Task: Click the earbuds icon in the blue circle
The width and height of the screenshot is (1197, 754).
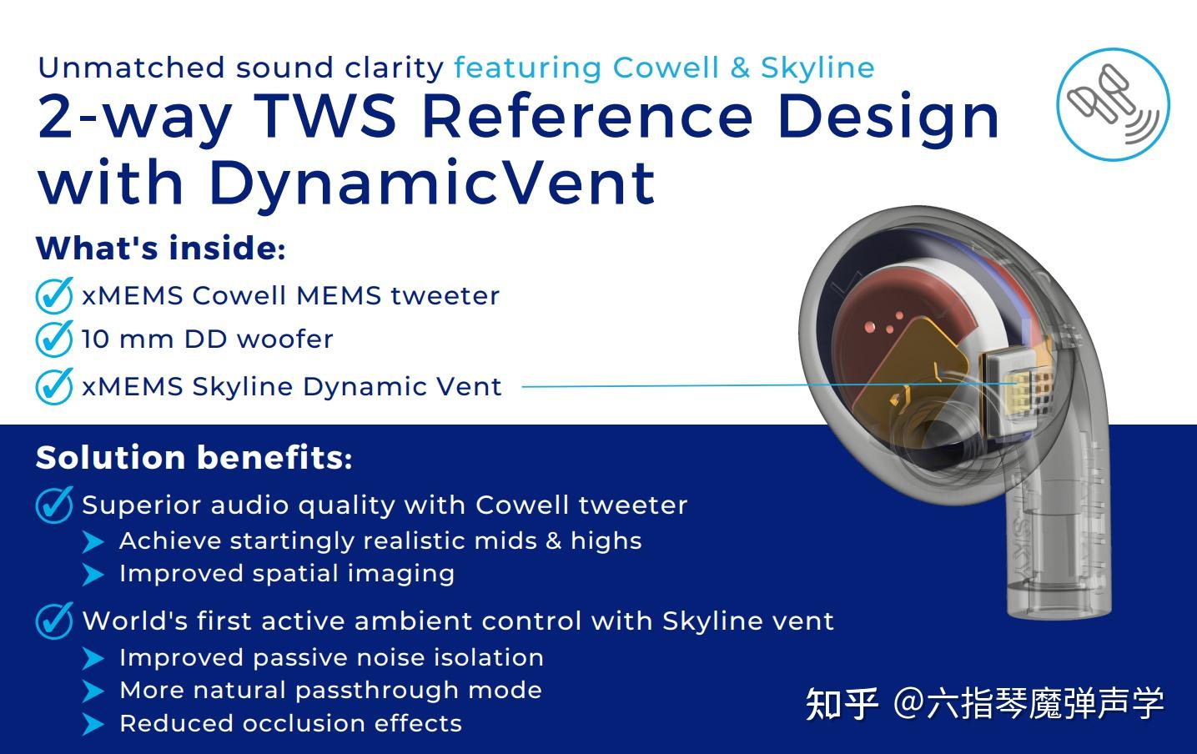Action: point(1112,103)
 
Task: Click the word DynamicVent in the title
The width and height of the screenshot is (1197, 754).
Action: point(431,183)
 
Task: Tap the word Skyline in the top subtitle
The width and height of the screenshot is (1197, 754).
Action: point(817,68)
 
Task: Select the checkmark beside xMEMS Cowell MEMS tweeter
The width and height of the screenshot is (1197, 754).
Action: point(54,296)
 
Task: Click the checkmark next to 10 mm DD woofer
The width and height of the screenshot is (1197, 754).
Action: point(54,339)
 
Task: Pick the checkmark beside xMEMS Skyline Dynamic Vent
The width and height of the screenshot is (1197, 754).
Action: point(54,387)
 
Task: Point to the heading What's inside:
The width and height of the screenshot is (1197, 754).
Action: point(160,249)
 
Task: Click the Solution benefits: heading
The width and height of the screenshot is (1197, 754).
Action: point(194,458)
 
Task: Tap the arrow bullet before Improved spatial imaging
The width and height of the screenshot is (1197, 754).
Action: point(93,575)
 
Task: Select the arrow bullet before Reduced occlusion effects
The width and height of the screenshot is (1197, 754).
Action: point(93,724)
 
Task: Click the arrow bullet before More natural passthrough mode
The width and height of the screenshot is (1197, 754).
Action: point(93,691)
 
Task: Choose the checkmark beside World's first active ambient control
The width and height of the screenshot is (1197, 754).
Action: point(54,621)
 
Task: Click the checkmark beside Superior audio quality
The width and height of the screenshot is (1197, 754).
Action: point(54,505)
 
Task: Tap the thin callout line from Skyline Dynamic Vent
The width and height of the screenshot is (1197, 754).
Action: point(667,386)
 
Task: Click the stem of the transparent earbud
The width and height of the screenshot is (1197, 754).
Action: point(1057,550)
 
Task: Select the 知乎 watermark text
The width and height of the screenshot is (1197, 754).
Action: point(842,703)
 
